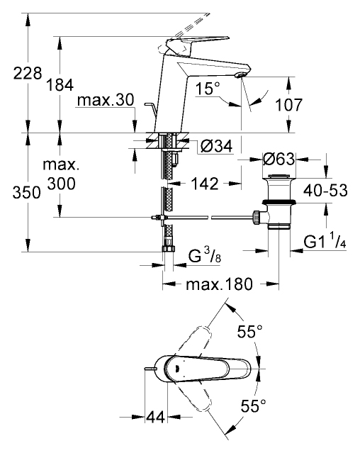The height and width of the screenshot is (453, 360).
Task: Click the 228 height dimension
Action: click(28, 74)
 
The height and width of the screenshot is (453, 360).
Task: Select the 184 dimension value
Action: click(60, 85)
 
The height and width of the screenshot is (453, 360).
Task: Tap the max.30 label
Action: click(106, 100)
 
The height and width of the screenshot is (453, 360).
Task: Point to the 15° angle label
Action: click(208, 88)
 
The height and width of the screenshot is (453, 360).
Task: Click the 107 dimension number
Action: click(288, 105)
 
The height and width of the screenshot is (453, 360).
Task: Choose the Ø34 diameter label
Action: click(217, 147)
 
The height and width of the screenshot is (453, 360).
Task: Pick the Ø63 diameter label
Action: click(279, 160)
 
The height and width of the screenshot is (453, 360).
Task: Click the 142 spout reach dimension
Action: click(205, 184)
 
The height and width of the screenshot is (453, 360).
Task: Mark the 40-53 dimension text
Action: click(325, 191)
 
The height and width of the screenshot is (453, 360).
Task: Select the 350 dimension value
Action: click(26, 192)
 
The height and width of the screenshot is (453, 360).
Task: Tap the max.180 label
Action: click(220, 284)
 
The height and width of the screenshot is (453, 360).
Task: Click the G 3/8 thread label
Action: click(204, 255)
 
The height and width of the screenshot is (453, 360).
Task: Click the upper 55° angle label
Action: click(249, 331)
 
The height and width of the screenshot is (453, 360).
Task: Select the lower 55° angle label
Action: click(254, 406)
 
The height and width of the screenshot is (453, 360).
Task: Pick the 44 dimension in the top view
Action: click(156, 417)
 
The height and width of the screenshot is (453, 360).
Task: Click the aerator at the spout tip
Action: click(240, 75)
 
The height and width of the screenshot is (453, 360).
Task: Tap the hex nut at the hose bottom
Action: click(168, 249)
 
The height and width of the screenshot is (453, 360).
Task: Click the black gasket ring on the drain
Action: click(279, 201)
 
